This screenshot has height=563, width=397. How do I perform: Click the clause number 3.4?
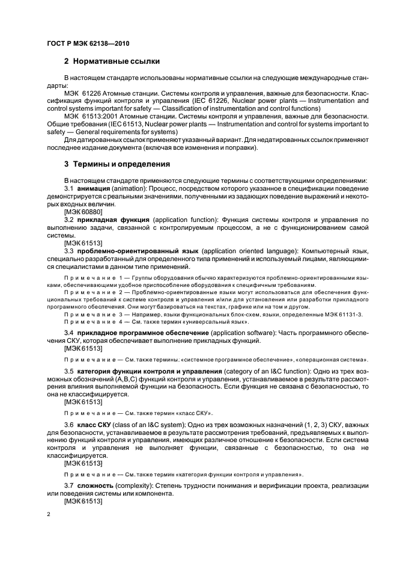(69, 333)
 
